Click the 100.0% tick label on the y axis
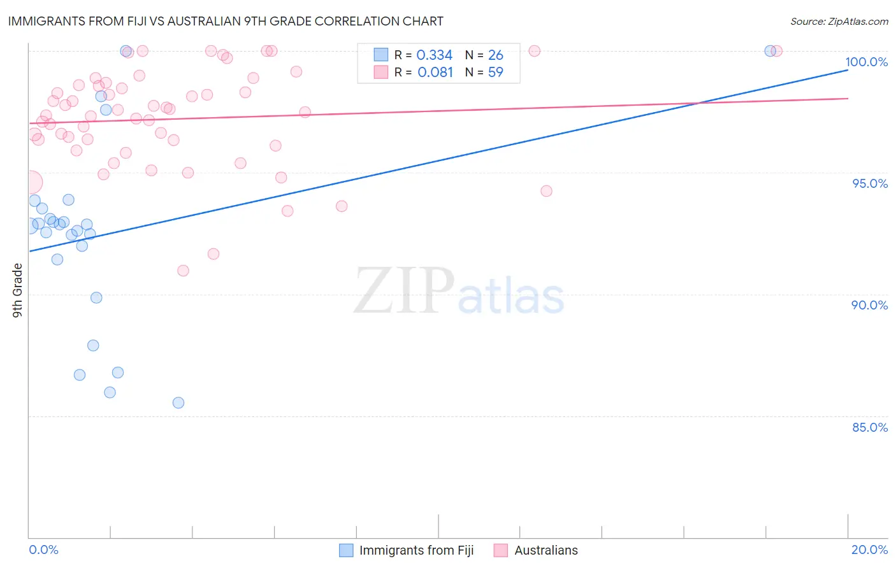[x=866, y=62]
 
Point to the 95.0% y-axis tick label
[x=870, y=183]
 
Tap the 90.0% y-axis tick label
[x=869, y=305]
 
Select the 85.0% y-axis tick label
[x=870, y=427]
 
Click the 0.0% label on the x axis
[x=43, y=550]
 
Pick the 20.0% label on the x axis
[x=869, y=550]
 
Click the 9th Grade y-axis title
[x=18, y=290]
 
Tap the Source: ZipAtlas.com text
[x=839, y=22]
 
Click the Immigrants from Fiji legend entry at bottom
[x=416, y=550]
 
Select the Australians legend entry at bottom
[x=546, y=550]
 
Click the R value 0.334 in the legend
[x=434, y=55]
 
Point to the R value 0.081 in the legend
[x=435, y=73]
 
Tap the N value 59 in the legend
[x=495, y=73]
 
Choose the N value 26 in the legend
[x=495, y=55]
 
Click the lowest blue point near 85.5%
[x=178, y=402]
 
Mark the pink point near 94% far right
[x=546, y=191]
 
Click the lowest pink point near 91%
[x=183, y=271]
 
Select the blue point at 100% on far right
[x=770, y=51]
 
